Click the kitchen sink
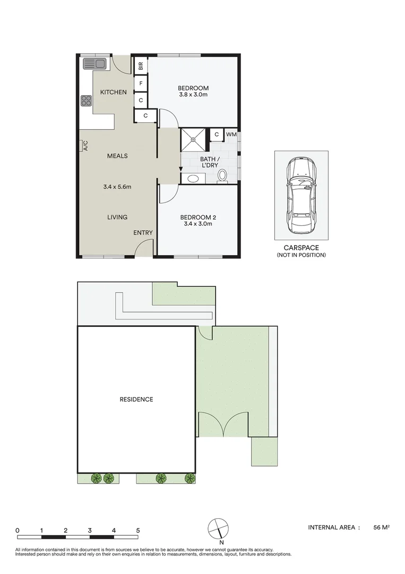tap(95, 64)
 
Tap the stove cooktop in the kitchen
tap(85, 100)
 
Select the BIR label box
tap(141, 66)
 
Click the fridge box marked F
tap(141, 83)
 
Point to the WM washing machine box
tap(231, 135)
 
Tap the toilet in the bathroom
tap(222, 175)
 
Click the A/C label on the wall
tap(85, 146)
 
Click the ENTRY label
tap(143, 233)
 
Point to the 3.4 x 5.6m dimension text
tap(117, 187)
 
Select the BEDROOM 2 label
tap(198, 217)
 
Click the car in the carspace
tap(300, 196)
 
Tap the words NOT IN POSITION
tap(301, 256)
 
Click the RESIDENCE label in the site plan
tap(136, 399)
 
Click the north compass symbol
tap(218, 528)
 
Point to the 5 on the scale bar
tap(138, 530)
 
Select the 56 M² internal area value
tap(382, 528)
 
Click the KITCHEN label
tap(114, 92)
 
